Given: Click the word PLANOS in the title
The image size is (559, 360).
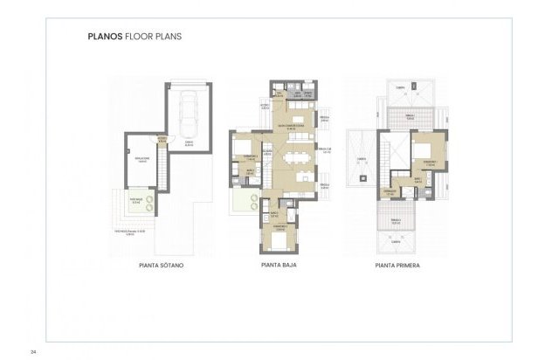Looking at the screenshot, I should (105, 38).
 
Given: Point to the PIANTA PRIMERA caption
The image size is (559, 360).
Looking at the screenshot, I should (397, 262).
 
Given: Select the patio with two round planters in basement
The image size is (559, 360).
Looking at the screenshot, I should (141, 204).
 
